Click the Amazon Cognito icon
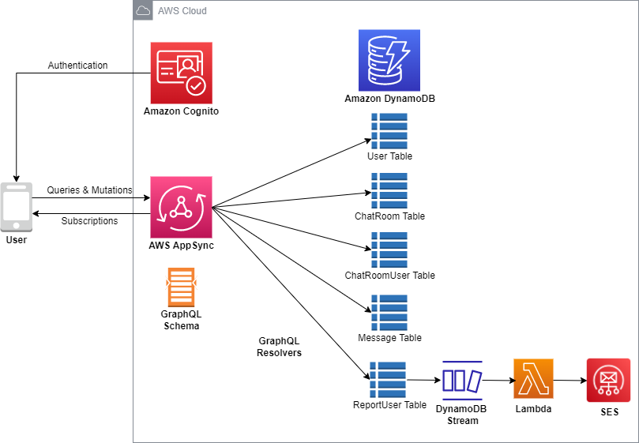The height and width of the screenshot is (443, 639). (182, 73)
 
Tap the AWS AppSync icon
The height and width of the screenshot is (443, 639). (182, 207)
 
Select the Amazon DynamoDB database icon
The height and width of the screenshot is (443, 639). (389, 60)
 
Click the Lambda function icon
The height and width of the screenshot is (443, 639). (533, 378)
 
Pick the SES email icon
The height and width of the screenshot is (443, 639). (608, 381)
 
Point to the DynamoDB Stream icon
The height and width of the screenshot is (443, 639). (462, 381)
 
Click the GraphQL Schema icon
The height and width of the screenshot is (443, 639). (182, 287)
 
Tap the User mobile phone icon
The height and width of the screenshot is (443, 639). (17, 207)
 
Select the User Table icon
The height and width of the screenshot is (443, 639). (389, 131)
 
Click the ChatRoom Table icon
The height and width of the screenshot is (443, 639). (389, 191)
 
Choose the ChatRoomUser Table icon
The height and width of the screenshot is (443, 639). (389, 250)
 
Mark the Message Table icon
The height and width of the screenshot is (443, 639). (389, 313)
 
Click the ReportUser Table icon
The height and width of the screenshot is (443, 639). (388, 380)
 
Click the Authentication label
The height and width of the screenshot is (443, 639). (78, 66)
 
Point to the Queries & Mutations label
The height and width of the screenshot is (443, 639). (90, 190)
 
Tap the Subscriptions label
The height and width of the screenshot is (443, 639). (90, 221)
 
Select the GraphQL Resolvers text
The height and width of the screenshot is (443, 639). (279, 347)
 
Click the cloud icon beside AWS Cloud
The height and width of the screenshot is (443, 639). (143, 10)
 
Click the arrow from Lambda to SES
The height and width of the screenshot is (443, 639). (570, 381)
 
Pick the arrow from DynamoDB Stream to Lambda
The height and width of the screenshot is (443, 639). (498, 381)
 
